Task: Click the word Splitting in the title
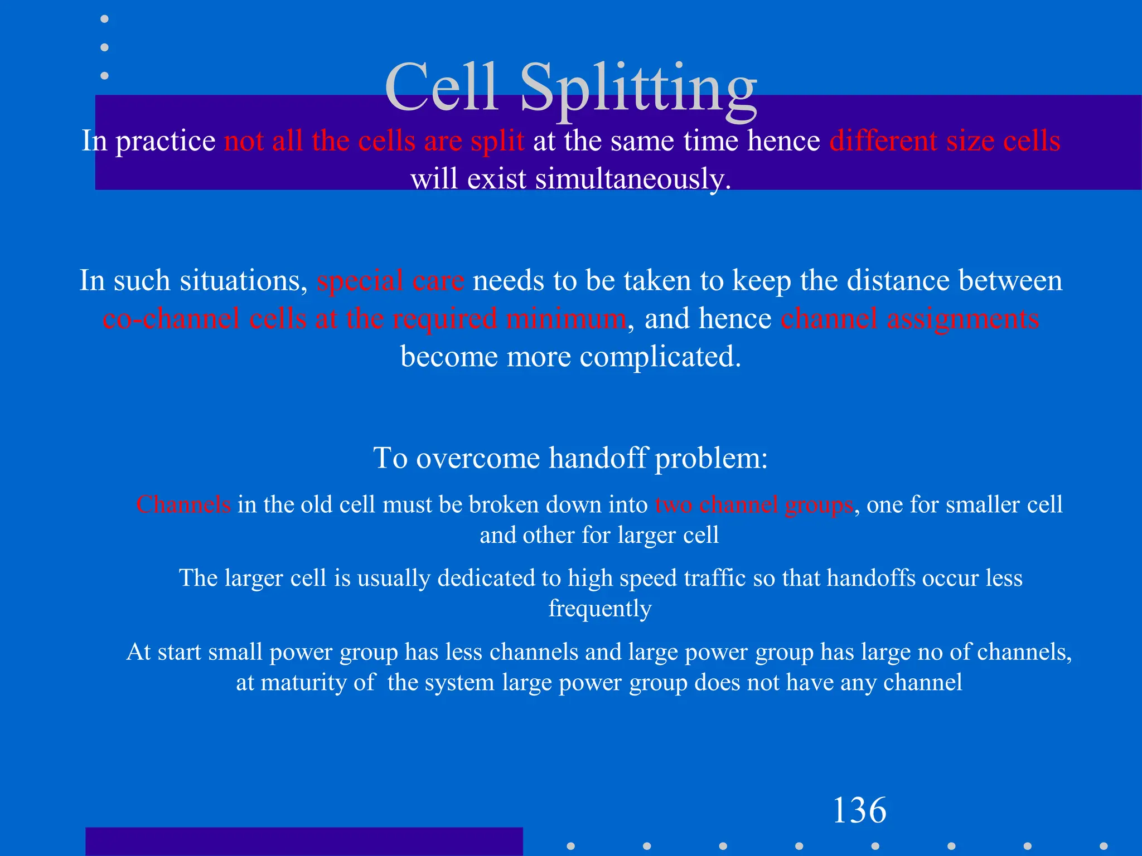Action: click(x=638, y=89)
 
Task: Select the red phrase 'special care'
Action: click(x=390, y=280)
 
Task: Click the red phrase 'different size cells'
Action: click(x=944, y=140)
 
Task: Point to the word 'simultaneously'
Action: click(x=632, y=179)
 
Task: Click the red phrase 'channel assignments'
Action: click(x=909, y=319)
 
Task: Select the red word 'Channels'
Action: click(x=183, y=504)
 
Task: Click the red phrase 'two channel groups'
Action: click(x=754, y=504)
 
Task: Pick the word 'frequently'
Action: click(x=599, y=609)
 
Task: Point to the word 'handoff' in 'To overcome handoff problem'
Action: click(x=598, y=458)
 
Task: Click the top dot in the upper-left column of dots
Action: click(x=104, y=19)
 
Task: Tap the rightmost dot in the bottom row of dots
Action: click(x=1103, y=845)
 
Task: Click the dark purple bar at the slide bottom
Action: click(x=304, y=842)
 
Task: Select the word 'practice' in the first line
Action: click(x=165, y=141)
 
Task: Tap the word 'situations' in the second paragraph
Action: click(x=243, y=280)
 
